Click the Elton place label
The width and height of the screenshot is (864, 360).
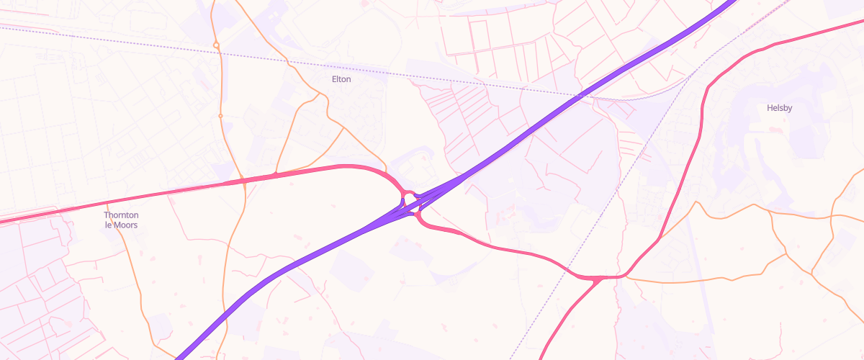click(341, 79)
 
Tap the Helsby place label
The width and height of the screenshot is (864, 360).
click(779, 108)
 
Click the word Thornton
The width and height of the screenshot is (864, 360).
click(121, 215)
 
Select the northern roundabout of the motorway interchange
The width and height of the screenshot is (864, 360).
click(408, 196)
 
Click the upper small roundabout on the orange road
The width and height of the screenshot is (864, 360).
click(216, 45)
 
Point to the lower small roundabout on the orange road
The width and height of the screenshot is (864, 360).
click(220, 115)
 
